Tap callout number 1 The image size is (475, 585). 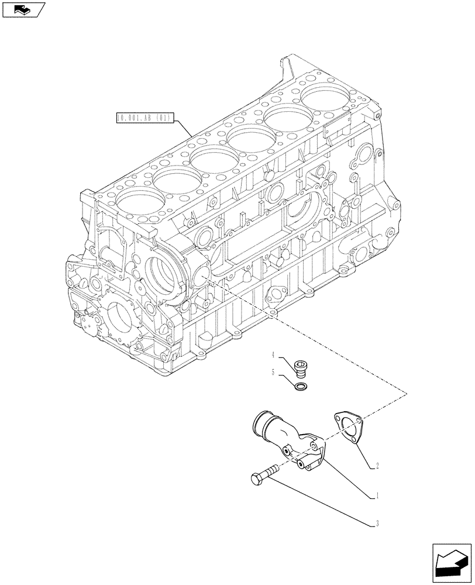pyautogui.click(x=378, y=495)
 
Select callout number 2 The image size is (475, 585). pyautogui.click(x=378, y=466)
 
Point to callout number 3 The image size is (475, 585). pyautogui.click(x=378, y=524)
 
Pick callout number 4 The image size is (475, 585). pyautogui.click(x=273, y=355)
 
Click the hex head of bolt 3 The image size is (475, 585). pyautogui.click(x=257, y=479)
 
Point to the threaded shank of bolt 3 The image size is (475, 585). pyautogui.click(x=274, y=470)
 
